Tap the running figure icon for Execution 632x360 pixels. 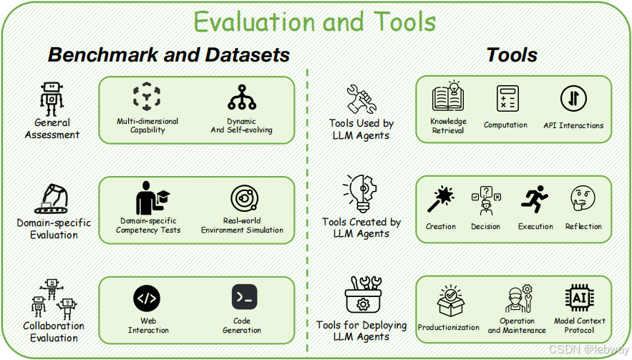[534, 200]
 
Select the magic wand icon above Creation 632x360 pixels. [441, 200]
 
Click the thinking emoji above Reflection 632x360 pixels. [583, 200]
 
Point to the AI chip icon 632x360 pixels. [579, 298]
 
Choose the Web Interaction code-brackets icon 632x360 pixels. [147, 297]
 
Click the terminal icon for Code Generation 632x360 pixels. [244, 297]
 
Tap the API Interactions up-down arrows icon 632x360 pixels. [573, 99]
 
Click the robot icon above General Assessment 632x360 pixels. [52, 97]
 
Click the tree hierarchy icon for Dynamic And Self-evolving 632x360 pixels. [241, 99]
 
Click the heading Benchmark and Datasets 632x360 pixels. [169, 55]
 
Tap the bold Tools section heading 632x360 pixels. [512, 55]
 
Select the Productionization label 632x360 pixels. [449, 327]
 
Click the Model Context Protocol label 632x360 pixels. [580, 326]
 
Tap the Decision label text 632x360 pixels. [485, 226]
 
